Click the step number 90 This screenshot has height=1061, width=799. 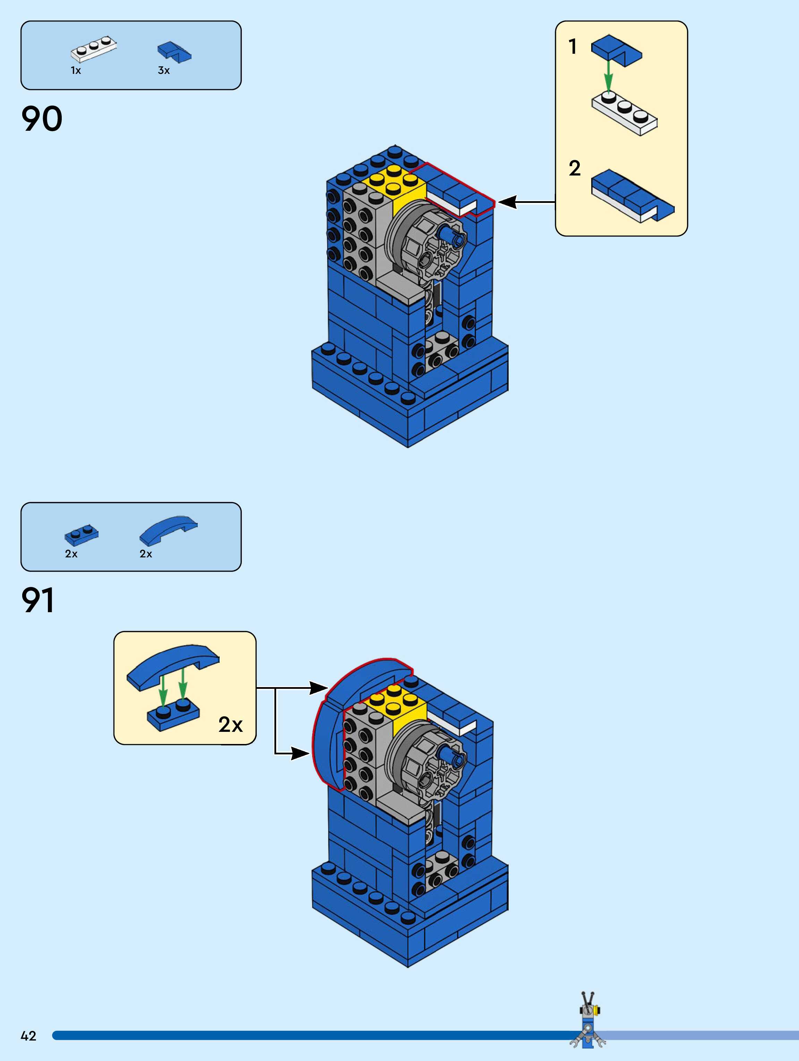(x=42, y=119)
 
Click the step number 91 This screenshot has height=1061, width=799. (x=38, y=600)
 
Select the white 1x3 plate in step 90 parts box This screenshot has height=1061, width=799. (x=94, y=49)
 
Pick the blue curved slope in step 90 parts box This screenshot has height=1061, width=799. (x=174, y=52)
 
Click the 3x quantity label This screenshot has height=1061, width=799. (x=164, y=70)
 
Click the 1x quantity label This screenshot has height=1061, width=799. (x=76, y=70)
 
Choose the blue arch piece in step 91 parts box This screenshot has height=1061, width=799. (x=168, y=530)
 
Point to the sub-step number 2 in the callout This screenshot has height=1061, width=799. (x=575, y=168)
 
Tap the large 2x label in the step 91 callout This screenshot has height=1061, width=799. (x=230, y=724)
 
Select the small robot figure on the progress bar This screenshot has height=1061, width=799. (x=588, y=1025)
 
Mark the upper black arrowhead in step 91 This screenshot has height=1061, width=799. (x=318, y=688)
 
